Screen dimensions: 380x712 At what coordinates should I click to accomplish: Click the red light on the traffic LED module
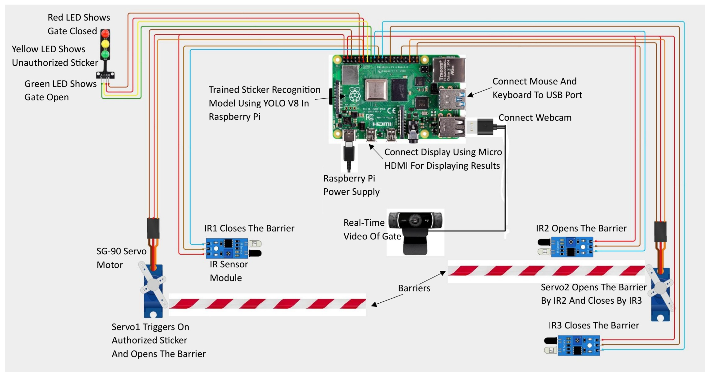[105, 34]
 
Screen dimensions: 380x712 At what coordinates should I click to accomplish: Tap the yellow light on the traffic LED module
[105, 44]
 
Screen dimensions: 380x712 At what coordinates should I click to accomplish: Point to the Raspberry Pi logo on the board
[355, 95]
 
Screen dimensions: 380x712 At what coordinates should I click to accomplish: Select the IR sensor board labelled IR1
[227, 248]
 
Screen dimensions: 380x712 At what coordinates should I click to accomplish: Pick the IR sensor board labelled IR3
[578, 345]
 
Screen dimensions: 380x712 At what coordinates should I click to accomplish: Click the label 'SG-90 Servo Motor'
[121, 258]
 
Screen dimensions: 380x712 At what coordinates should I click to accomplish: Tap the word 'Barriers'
[414, 288]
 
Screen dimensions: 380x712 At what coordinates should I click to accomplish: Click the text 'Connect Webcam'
[535, 117]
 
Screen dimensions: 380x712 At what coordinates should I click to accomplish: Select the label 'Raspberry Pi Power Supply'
[351, 185]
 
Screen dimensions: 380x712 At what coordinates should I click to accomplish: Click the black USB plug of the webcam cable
[485, 127]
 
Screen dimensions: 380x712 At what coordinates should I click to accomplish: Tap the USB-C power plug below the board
[349, 153]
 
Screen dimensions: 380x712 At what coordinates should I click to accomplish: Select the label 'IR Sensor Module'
[229, 271]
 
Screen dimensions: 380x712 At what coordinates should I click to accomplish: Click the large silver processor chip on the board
[376, 90]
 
